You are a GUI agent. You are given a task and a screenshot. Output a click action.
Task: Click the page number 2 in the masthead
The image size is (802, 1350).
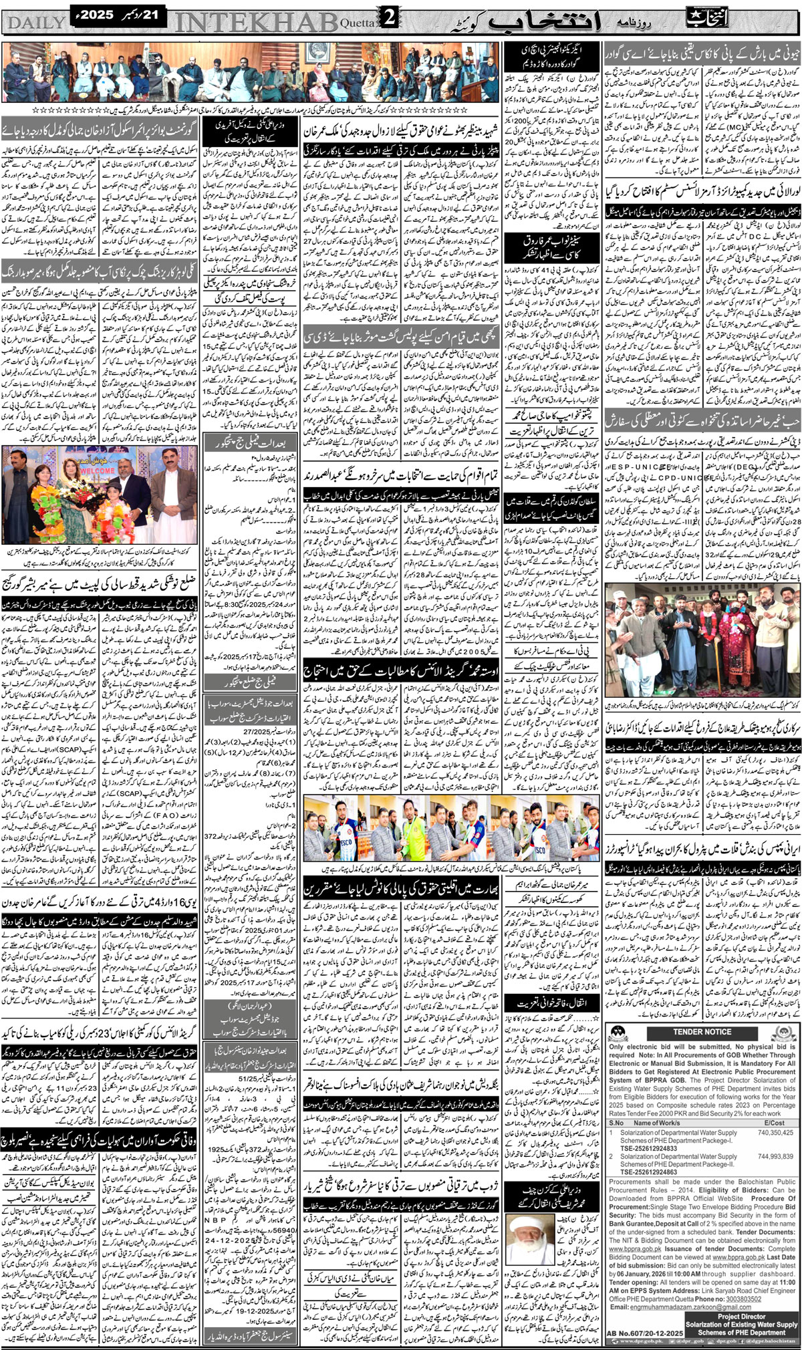[389, 20]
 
